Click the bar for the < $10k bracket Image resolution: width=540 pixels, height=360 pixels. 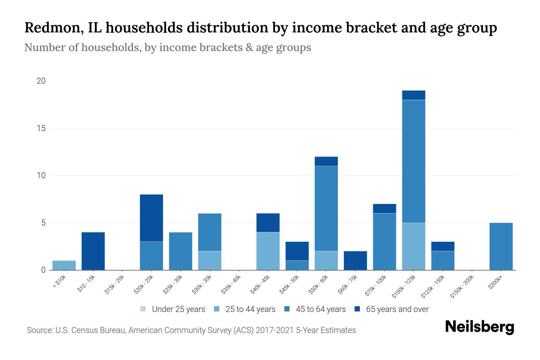64,265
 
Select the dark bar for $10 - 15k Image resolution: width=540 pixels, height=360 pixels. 93,251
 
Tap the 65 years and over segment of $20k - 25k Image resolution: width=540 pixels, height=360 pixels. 151,218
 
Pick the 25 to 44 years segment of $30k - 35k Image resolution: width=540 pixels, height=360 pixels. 210,260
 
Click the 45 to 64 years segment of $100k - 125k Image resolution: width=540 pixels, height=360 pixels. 413,161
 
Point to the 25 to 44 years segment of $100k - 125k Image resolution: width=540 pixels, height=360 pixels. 413,246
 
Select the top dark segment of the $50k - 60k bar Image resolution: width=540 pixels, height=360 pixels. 326,161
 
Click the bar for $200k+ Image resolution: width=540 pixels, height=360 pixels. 501,246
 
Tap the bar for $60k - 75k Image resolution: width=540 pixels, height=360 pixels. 355,260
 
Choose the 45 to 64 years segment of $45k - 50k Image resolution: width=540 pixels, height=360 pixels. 297,265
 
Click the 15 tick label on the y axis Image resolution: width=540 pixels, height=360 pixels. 41,128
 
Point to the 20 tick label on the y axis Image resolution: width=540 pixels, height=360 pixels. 41,81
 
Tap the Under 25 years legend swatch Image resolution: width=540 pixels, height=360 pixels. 143,309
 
